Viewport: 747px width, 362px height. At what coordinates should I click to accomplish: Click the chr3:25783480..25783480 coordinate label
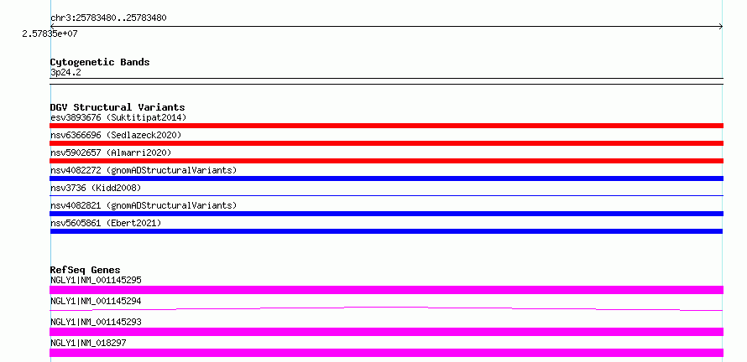coord(108,18)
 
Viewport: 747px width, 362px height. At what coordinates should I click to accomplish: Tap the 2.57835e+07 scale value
coord(50,34)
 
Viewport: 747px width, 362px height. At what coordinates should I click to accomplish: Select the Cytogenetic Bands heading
coord(100,62)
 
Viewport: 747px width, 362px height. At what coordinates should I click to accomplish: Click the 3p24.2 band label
coord(65,73)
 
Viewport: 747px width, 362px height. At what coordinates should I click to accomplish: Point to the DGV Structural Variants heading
coord(118,107)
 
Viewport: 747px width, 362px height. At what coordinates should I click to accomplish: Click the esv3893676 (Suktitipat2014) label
coord(118,117)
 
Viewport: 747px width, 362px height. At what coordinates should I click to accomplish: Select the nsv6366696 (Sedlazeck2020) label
coord(116,135)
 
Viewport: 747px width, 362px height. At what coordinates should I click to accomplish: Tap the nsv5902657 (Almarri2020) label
coord(111,153)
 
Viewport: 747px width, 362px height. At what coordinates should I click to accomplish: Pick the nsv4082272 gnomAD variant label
coord(144,170)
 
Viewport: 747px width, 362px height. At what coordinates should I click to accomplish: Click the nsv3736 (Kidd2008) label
coord(97,188)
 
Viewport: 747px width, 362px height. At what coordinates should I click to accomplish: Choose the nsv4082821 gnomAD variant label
coord(144,205)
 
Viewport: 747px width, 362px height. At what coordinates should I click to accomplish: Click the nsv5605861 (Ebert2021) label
coord(107,223)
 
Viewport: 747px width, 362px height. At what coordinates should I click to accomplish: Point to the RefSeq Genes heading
coord(86,270)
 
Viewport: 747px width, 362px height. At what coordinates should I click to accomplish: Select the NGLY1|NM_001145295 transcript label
coord(97,280)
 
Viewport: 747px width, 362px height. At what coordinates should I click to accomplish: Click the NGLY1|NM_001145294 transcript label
coord(97,301)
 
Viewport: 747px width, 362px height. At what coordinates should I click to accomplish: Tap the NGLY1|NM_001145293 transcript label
coord(97,322)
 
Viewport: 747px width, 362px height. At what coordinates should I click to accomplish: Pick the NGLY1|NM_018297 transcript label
coord(89,343)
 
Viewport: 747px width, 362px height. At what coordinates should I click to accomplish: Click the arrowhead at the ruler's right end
coord(721,27)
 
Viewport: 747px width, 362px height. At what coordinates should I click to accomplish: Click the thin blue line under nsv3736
coord(386,195)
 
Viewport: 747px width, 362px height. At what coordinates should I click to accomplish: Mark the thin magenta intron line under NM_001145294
coord(386,308)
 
